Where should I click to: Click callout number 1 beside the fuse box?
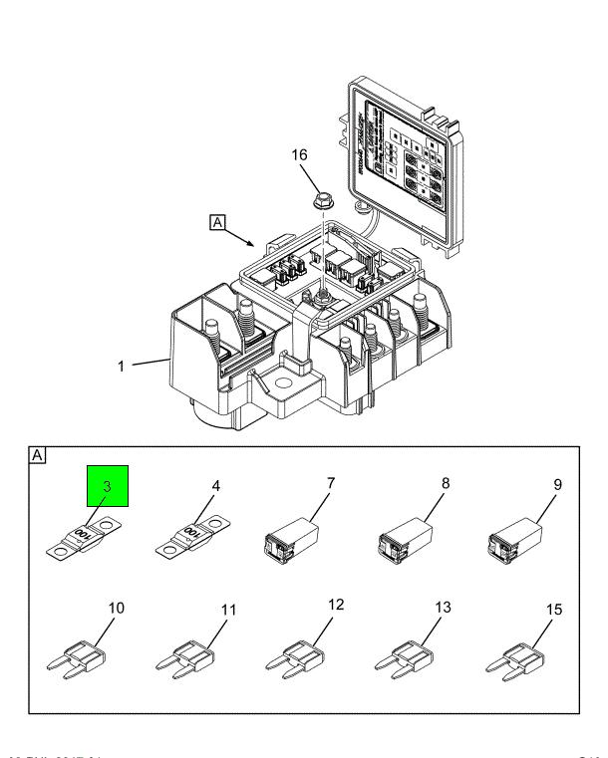tap(121, 366)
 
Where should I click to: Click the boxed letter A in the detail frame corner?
tap(38, 455)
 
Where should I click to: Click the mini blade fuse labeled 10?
tap(76, 658)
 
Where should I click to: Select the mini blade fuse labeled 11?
tap(185, 658)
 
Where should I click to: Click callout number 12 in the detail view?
tap(335, 604)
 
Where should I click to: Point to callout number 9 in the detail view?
tap(558, 485)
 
